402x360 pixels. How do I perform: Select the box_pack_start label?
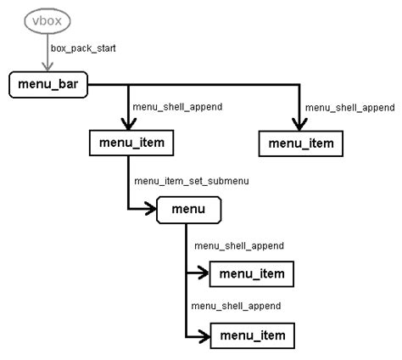[x=82, y=48]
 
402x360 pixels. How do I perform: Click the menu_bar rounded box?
[x=48, y=85]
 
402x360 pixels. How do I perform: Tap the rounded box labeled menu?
[x=189, y=209]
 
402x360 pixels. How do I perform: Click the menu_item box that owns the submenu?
[x=131, y=143]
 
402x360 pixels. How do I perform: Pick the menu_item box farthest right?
[x=301, y=143]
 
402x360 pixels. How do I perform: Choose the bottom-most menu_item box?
[x=252, y=336]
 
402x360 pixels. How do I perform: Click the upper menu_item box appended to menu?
[x=252, y=273]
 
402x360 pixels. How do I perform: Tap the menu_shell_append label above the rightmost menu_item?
[x=349, y=108]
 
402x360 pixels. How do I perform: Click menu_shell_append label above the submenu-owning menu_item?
[x=178, y=108]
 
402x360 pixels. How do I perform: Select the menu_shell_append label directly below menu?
[x=238, y=245]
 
